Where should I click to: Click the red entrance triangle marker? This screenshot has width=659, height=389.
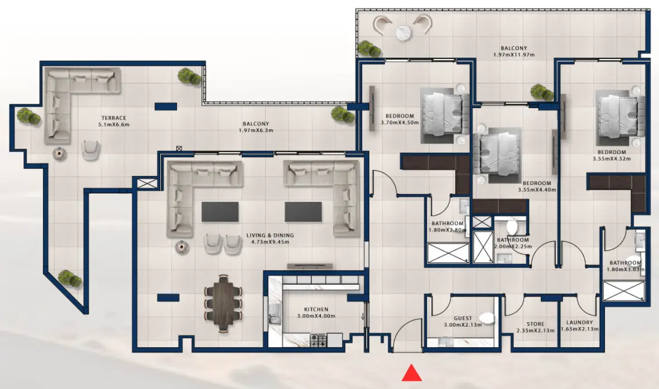[411, 373]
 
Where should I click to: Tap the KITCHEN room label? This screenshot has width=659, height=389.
[316, 309]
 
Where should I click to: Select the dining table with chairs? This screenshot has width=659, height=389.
[224, 303]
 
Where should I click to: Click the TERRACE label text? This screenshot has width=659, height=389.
[114, 118]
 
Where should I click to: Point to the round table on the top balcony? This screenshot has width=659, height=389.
[404, 33]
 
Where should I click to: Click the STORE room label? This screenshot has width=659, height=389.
[536, 324]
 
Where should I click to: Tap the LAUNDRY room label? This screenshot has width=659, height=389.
[579, 323]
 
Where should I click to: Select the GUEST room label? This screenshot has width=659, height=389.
[463, 318]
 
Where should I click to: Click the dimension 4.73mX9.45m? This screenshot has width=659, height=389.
[270, 242]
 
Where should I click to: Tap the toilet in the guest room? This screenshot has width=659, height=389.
[487, 318]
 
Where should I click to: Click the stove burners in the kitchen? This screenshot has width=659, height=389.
[319, 338]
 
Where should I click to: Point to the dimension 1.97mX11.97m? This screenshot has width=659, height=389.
[514, 55]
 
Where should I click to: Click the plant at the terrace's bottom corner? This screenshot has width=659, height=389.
[70, 277]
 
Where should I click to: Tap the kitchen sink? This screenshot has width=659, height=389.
[274, 319]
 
